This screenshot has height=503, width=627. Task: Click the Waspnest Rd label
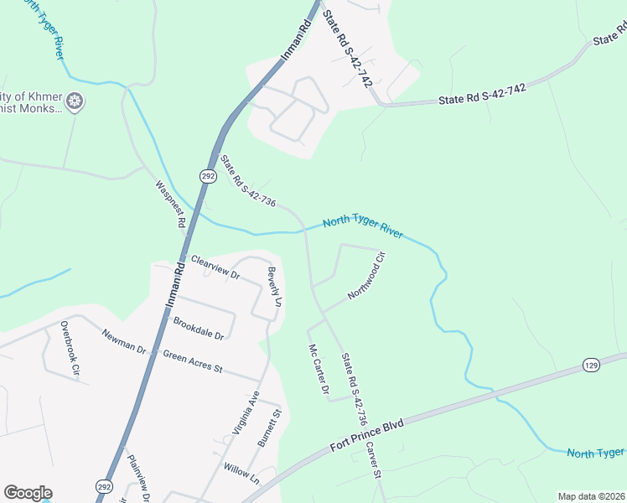pyautogui.click(x=170, y=205)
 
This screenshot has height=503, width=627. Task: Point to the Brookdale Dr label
pyautogui.click(x=199, y=329)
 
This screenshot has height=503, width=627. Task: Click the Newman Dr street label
pyautogui.click(x=124, y=343)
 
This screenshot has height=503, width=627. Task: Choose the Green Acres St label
pyautogui.click(x=192, y=361)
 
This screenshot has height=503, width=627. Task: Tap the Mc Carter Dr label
pyautogui.click(x=318, y=369)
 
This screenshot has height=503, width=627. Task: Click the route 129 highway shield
pyautogui.click(x=592, y=366)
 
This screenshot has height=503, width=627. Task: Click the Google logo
pyautogui.click(x=28, y=493)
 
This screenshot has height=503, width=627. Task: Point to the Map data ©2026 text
pyautogui.click(x=591, y=496)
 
